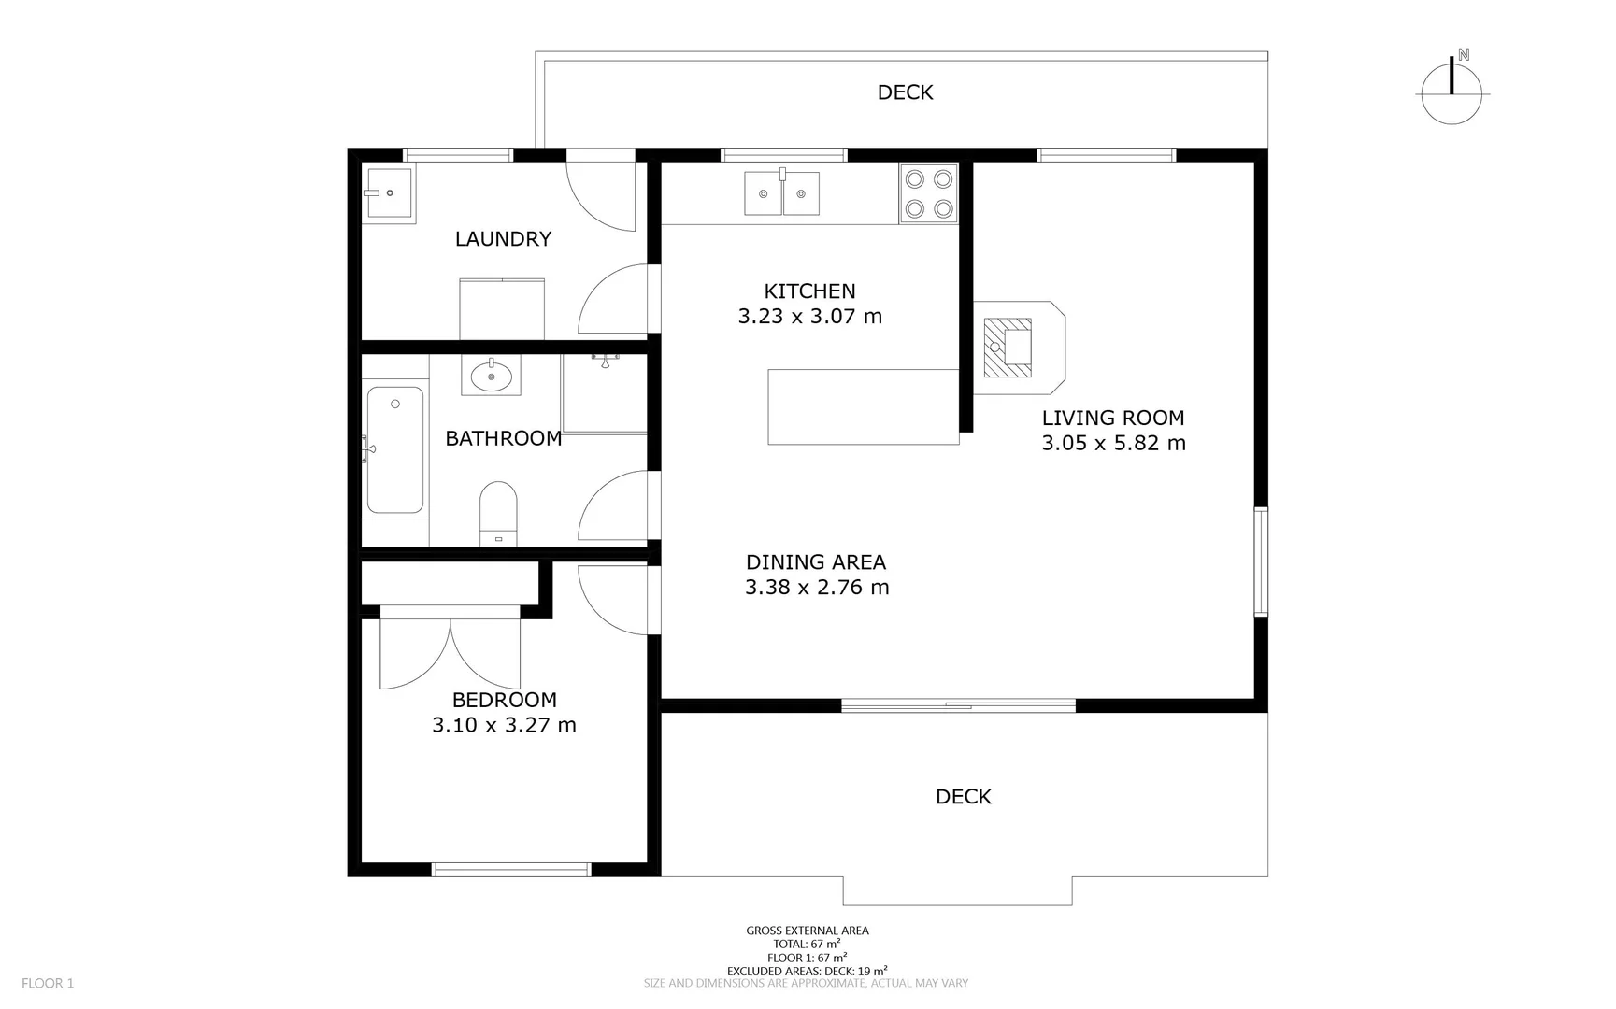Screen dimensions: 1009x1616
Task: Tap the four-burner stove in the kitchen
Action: (928, 193)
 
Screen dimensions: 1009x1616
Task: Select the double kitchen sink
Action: (781, 192)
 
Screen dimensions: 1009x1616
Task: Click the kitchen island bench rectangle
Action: (863, 406)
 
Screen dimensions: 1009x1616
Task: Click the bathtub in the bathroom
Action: (394, 450)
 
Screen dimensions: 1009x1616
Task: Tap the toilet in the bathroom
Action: (498, 513)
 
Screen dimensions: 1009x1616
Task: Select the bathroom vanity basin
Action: (491, 377)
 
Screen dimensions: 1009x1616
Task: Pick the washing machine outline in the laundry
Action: (502, 309)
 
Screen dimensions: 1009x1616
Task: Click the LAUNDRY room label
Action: (503, 239)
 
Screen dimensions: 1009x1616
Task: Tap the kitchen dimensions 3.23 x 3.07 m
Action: (809, 317)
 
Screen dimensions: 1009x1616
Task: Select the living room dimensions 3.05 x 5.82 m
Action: (1113, 444)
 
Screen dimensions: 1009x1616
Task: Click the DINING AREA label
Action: (815, 562)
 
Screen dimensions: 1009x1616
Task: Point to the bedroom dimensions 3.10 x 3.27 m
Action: (504, 725)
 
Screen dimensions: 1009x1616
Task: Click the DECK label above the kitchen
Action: (905, 92)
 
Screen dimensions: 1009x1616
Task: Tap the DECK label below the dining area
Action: (963, 797)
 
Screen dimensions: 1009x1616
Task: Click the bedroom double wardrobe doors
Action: (450, 651)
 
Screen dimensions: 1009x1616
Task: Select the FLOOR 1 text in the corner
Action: (48, 983)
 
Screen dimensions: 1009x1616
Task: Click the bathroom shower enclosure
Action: (604, 394)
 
